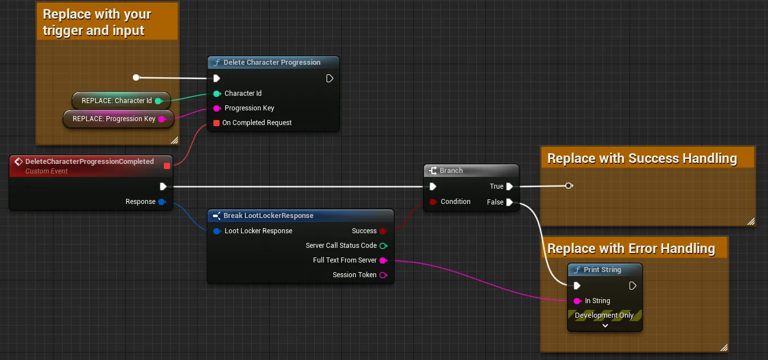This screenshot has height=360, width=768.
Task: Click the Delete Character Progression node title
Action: click(x=272, y=63)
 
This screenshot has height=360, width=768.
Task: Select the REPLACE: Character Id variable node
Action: click(x=121, y=100)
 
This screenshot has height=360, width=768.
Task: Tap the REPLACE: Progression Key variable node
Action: click(x=118, y=119)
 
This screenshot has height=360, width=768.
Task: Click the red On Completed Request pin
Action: click(x=216, y=123)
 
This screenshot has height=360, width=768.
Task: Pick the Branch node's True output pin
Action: click(x=510, y=186)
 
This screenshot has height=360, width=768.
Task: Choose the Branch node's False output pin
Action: click(x=510, y=202)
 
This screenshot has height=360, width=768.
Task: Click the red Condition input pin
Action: click(x=433, y=202)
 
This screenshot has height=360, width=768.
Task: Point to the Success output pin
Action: click(x=383, y=231)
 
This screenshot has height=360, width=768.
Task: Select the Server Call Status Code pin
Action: click(x=383, y=246)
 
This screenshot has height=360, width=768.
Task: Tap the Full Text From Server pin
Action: click(x=383, y=260)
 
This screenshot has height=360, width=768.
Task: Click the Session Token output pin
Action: click(x=383, y=275)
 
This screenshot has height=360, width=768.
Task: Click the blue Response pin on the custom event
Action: click(x=162, y=202)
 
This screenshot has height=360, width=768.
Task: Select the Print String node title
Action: click(x=602, y=270)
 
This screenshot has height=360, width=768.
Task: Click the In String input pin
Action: click(x=577, y=301)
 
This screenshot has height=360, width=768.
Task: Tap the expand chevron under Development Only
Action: click(x=605, y=325)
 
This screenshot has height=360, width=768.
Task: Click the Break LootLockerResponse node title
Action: click(x=269, y=216)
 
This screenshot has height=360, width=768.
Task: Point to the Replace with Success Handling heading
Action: click(x=642, y=158)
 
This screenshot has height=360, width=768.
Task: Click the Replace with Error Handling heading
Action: click(x=631, y=248)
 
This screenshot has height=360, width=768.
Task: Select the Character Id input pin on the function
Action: click(x=217, y=94)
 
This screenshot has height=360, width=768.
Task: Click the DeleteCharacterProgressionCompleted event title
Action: click(x=90, y=161)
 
